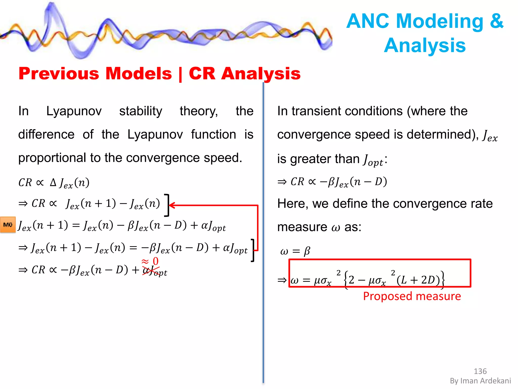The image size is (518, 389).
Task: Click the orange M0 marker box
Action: [x=8, y=225]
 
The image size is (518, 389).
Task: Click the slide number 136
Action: [x=480, y=371]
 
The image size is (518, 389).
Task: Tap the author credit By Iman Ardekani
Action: [x=480, y=381]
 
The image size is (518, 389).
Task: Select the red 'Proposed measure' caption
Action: [x=412, y=296]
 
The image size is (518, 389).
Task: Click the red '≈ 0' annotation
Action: [x=150, y=261]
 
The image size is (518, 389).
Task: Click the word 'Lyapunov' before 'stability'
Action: [x=74, y=111]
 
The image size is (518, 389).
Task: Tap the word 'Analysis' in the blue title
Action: [x=425, y=46]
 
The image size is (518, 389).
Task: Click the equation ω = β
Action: [x=295, y=251]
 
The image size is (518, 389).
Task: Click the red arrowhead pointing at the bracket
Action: [x=171, y=205]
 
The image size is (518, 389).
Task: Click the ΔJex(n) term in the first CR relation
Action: [x=70, y=183]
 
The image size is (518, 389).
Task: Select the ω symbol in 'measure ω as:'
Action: [x=336, y=227]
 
